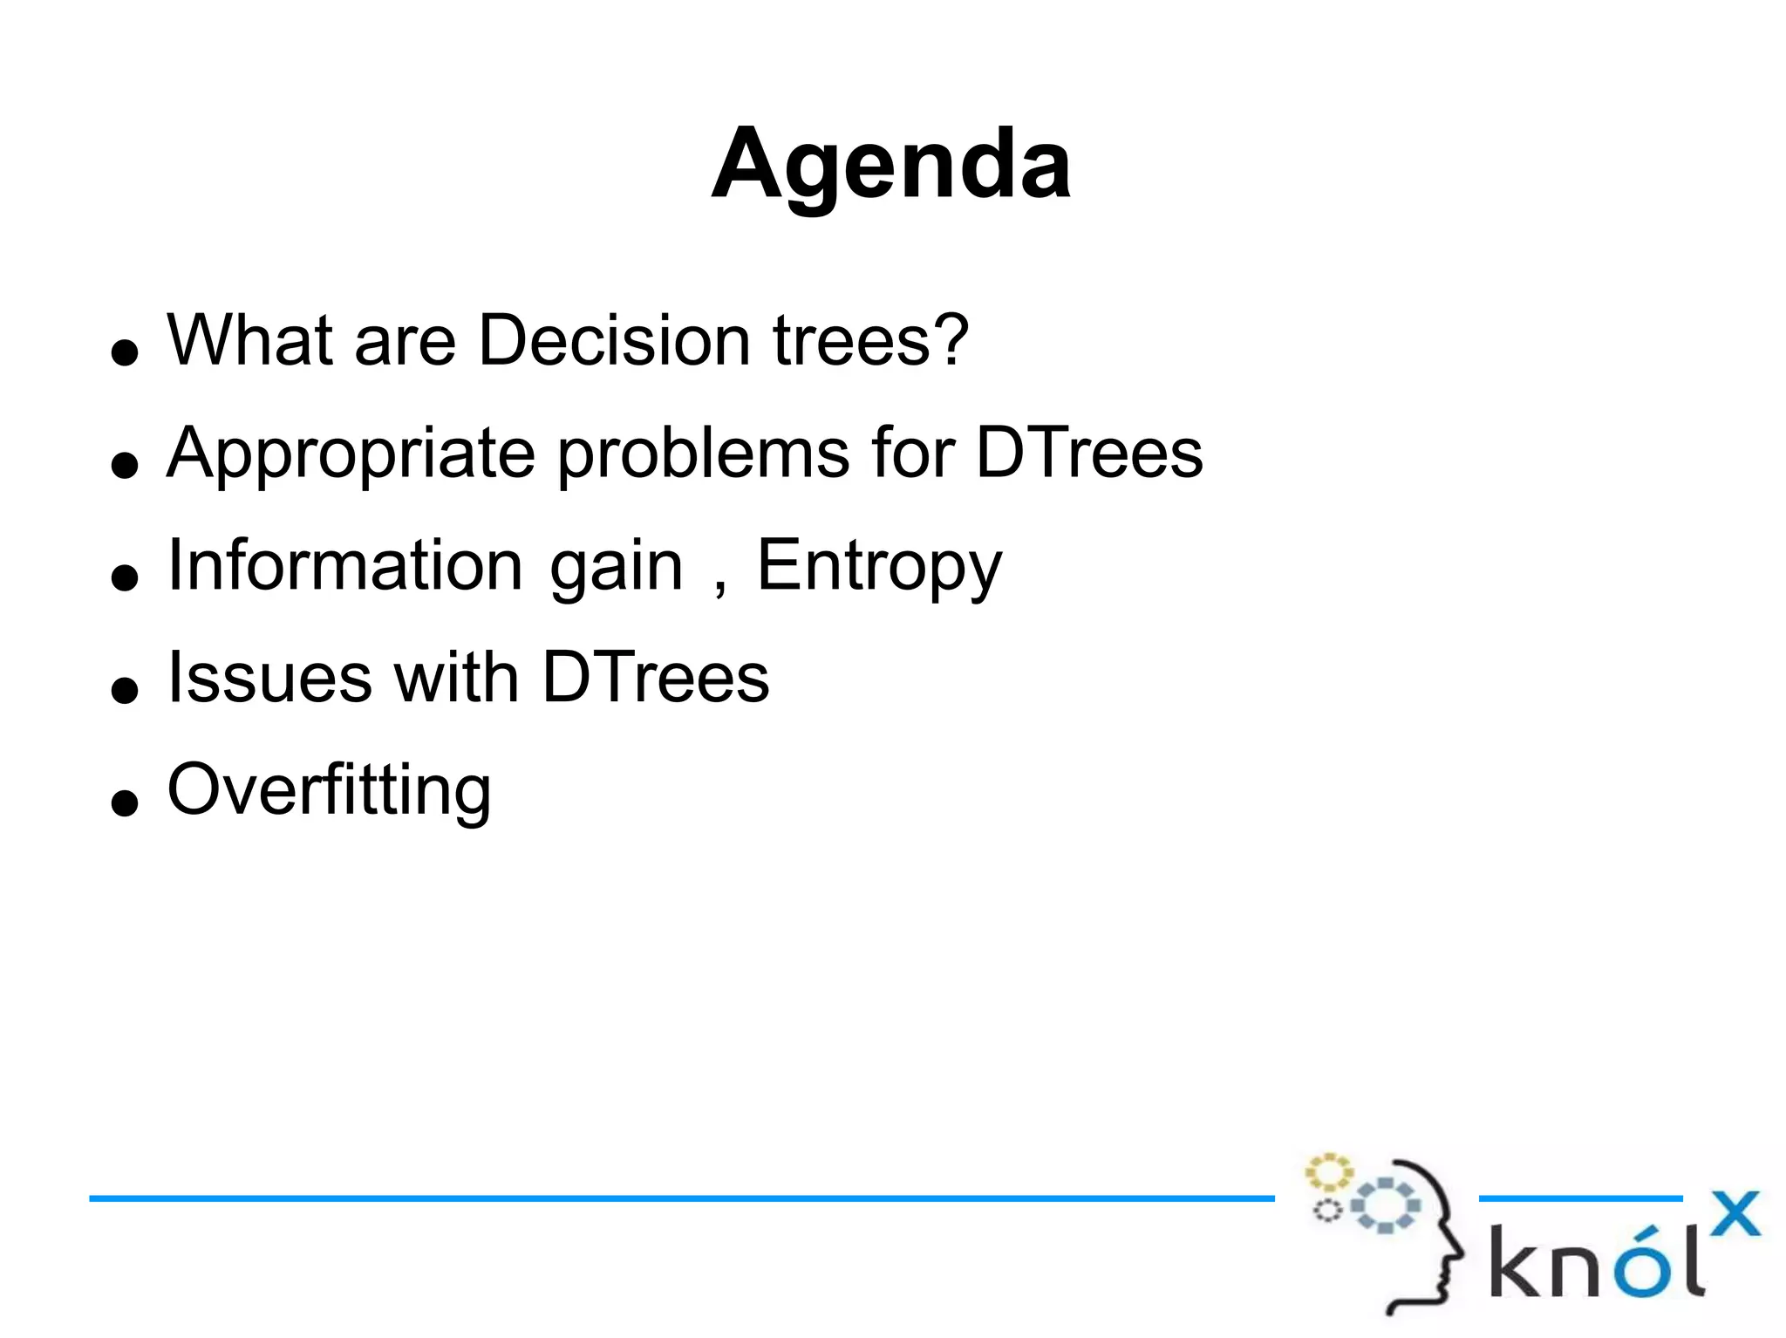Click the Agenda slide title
[890, 164]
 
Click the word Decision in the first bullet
[614, 340]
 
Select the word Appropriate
[350, 454]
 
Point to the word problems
[703, 454]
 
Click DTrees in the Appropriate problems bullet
[1089, 454]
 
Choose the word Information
[345, 565]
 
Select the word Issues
[269, 678]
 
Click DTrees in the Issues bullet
[655, 678]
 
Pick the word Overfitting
[329, 790]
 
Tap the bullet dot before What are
[126, 352]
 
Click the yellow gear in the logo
[1328, 1172]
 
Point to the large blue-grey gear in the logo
[1386, 1205]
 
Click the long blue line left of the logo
[680, 1198]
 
